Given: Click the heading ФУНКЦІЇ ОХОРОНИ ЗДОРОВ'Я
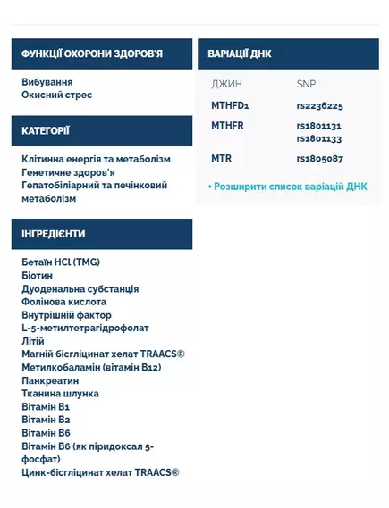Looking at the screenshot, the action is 92,54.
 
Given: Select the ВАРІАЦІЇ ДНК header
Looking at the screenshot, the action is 240,54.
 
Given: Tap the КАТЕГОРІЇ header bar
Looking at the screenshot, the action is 47,131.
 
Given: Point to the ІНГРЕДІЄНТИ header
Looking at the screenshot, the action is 54,234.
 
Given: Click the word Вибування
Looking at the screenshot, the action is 47,81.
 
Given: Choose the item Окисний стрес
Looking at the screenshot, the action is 57,95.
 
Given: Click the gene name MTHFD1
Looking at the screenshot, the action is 230,105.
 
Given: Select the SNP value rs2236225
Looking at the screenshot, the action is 319,105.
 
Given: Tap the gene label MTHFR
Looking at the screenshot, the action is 227,126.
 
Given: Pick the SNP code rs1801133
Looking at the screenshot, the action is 319,139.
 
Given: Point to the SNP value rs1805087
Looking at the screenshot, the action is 319,159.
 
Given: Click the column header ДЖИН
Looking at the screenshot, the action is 225,84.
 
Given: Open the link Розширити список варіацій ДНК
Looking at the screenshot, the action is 287,187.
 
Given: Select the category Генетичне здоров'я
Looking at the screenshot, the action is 69,171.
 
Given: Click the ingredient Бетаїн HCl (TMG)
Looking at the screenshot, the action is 61,262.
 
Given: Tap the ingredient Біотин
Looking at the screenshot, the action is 38,276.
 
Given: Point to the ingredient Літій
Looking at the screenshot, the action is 34,341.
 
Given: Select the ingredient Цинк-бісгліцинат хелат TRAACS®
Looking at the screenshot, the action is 100,472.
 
